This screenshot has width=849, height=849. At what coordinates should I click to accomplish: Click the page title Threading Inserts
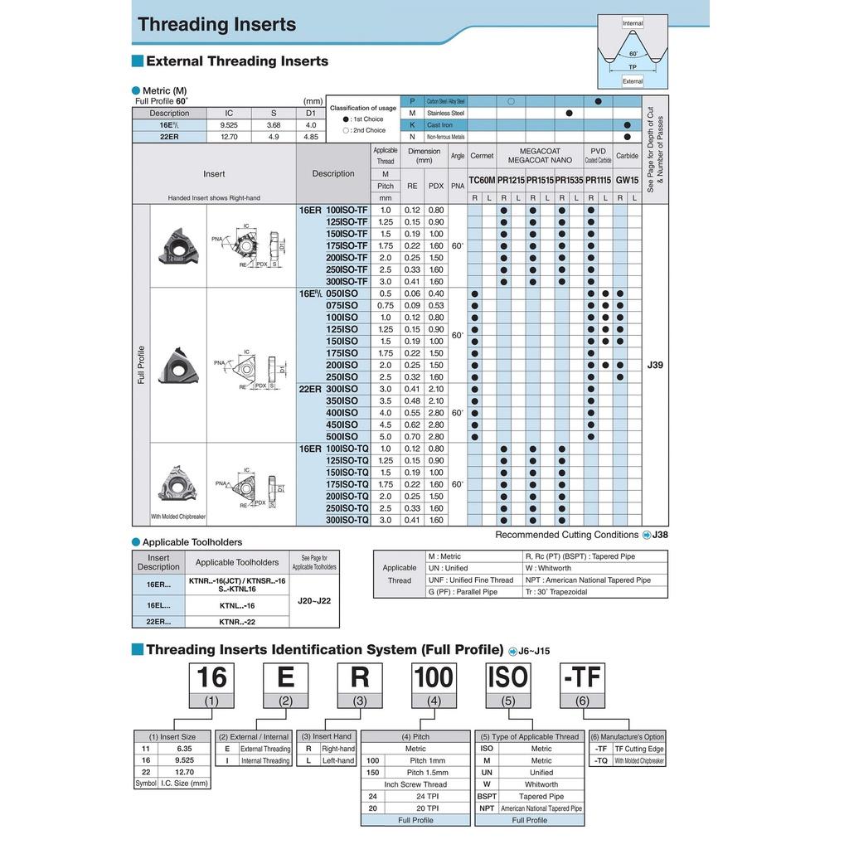[217, 24]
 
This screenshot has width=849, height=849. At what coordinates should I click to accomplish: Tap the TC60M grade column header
[482, 180]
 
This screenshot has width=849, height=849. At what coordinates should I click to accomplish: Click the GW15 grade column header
[627, 180]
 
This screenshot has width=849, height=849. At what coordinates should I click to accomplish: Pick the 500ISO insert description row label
[342, 436]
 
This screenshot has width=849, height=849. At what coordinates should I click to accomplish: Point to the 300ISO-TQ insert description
[347, 520]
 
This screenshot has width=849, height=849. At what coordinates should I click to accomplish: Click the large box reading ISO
[508, 677]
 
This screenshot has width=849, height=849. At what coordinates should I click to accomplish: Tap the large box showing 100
[434, 677]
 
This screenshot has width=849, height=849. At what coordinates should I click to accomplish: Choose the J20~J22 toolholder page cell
[314, 601]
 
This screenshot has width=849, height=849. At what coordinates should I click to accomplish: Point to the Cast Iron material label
[440, 124]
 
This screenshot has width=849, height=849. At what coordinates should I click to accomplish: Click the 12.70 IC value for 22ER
[229, 137]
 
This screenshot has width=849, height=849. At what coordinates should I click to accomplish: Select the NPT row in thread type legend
[487, 808]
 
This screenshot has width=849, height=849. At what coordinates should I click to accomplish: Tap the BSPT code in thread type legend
[487, 796]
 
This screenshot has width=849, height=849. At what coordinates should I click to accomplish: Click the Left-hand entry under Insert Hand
[337, 760]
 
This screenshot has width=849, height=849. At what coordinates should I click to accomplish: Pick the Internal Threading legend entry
[264, 760]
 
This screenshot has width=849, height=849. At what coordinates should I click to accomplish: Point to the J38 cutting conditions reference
[660, 535]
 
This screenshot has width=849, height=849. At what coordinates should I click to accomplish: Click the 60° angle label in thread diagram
[633, 53]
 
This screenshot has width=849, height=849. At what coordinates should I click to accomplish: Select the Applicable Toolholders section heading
[192, 542]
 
